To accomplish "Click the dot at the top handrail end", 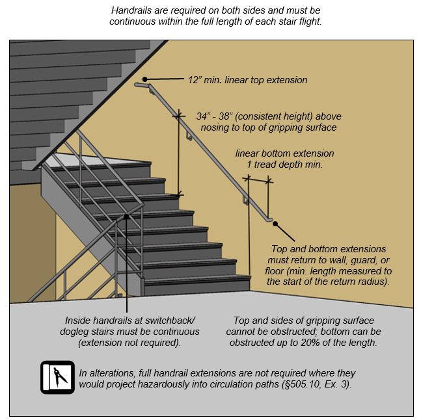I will (146, 80).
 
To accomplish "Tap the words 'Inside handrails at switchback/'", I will (130, 321).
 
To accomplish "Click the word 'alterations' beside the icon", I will (111, 374).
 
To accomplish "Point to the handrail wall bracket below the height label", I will (188, 137).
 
